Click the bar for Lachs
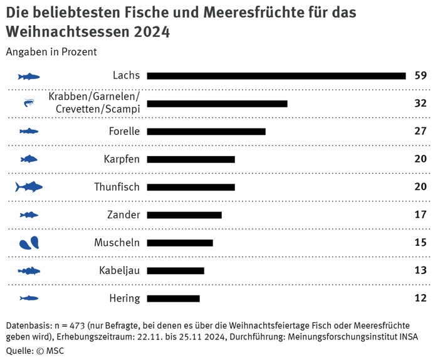pyautogui.click(x=276, y=76)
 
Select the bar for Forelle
pyautogui.click(x=206, y=132)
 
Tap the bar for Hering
pyautogui.click(x=173, y=299)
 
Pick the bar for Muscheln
pyautogui.click(x=180, y=243)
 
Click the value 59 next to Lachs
pyautogui.click(x=421, y=76)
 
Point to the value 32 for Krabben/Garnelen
pyautogui.click(x=421, y=103)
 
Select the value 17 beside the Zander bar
pyautogui.click(x=421, y=215)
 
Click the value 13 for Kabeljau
pyautogui.click(x=421, y=270)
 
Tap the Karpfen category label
pyautogui.click(x=122, y=159)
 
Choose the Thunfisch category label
pyautogui.click(x=117, y=187)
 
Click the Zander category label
pyautogui.click(x=123, y=215)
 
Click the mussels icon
pyautogui.click(x=29, y=243)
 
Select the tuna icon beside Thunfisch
pyautogui.click(x=29, y=187)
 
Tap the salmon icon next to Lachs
pyautogui.click(x=29, y=77)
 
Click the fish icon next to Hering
pyautogui.click(x=29, y=299)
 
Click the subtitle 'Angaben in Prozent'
pyautogui.click(x=51, y=52)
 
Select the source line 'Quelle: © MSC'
pyautogui.click(x=35, y=351)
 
